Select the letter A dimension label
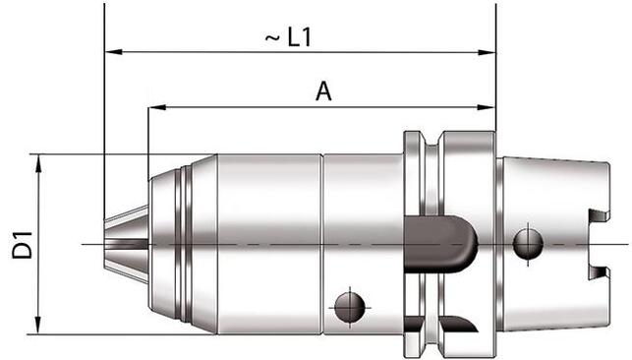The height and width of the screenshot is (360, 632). (x=321, y=91)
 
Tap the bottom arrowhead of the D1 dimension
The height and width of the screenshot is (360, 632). (x=39, y=327)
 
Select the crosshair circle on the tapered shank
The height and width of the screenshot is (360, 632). (x=527, y=241)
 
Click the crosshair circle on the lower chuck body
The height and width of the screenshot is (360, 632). (x=349, y=307)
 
